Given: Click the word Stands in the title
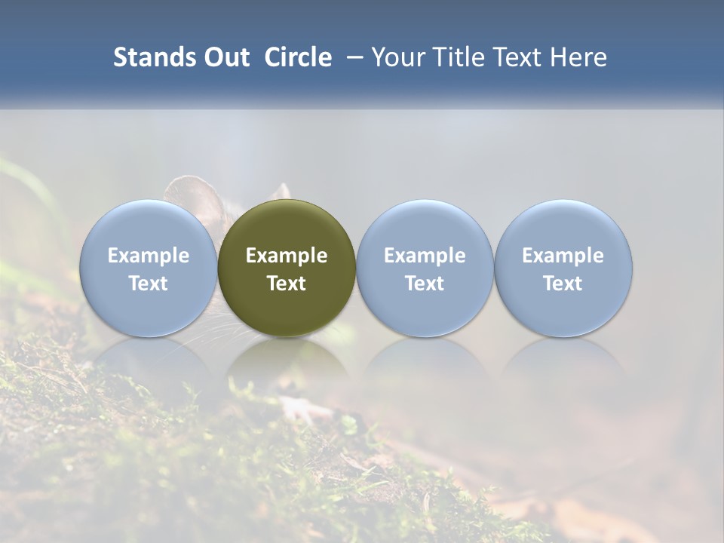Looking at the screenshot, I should click(x=153, y=57).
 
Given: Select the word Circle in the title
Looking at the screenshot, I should click(x=298, y=57).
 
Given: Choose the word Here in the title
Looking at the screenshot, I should click(x=577, y=57).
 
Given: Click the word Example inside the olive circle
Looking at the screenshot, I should click(x=287, y=256).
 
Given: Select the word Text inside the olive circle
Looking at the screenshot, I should click(x=287, y=284).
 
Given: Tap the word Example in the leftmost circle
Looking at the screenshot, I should click(x=149, y=256).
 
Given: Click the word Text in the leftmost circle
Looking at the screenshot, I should click(x=149, y=284).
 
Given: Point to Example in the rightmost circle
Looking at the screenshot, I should click(x=563, y=256).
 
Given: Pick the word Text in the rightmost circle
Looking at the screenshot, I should click(x=563, y=284).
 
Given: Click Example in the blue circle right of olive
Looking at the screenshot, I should click(x=425, y=256).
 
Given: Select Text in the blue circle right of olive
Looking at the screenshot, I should click(x=425, y=284).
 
